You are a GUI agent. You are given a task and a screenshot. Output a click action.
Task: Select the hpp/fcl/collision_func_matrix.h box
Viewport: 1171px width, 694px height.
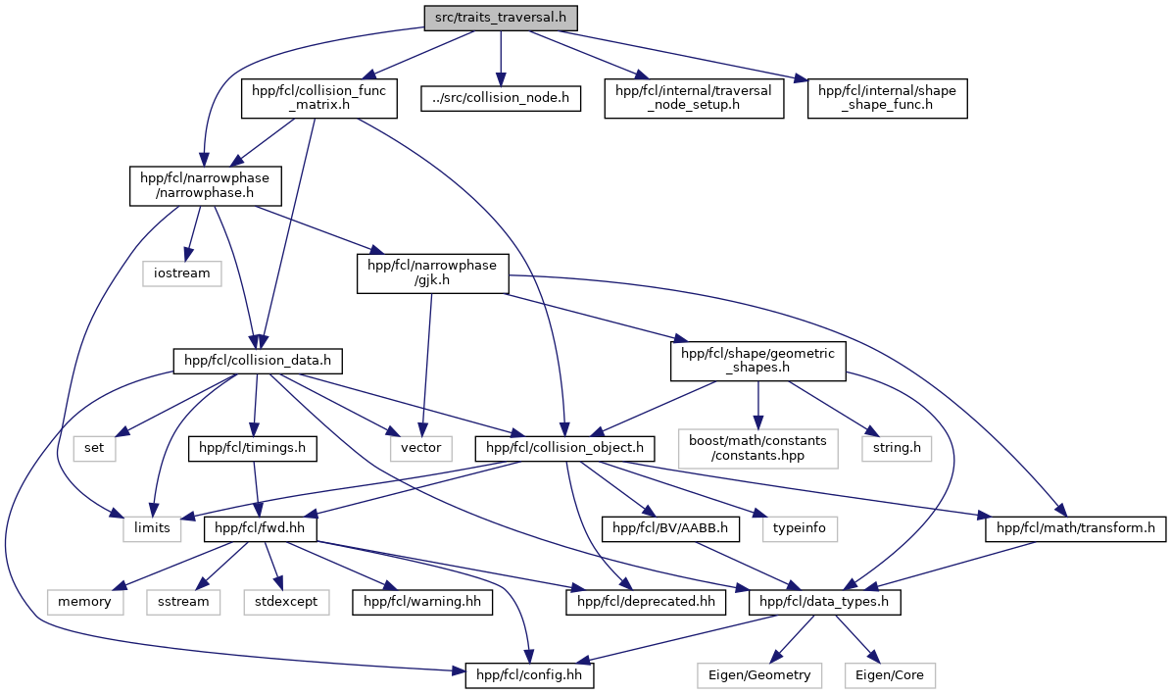click(x=318, y=98)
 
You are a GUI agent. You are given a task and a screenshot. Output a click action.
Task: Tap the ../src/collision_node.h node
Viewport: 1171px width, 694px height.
click(x=501, y=98)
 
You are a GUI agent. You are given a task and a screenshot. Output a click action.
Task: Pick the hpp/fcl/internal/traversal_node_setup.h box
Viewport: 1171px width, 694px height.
click(x=694, y=98)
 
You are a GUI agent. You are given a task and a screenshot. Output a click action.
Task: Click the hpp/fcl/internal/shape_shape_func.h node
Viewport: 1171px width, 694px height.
click(x=887, y=98)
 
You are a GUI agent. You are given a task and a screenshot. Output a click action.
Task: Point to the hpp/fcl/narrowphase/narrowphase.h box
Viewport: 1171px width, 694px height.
click(x=206, y=186)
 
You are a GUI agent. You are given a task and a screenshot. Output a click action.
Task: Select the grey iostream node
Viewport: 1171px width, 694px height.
click(x=181, y=273)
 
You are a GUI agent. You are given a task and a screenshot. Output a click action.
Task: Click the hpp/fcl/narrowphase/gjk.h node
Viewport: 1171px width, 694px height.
click(x=433, y=273)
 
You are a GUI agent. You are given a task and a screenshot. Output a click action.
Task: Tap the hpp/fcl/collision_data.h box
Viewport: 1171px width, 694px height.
click(x=258, y=361)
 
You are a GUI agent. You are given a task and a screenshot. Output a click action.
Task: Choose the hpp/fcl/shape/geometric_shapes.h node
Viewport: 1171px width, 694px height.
click(x=758, y=361)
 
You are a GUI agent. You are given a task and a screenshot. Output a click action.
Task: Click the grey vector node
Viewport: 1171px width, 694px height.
click(x=420, y=448)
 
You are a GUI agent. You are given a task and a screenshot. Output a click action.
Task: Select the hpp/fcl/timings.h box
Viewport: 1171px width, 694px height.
click(x=253, y=448)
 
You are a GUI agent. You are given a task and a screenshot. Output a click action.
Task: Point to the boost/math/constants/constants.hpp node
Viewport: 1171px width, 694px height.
click(x=758, y=448)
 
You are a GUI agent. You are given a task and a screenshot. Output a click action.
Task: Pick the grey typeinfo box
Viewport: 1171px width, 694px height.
click(x=799, y=529)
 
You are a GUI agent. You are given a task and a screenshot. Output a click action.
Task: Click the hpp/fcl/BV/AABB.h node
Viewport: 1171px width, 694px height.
click(x=670, y=529)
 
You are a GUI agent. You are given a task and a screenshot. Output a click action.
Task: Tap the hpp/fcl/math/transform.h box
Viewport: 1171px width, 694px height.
click(x=1075, y=529)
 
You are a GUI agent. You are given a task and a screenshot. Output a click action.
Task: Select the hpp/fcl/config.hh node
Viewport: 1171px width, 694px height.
click(x=529, y=675)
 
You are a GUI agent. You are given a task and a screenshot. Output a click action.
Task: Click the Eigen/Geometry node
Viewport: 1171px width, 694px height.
click(x=758, y=675)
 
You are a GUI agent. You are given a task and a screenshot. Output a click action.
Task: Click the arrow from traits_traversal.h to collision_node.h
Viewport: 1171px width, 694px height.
click(x=501, y=58)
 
